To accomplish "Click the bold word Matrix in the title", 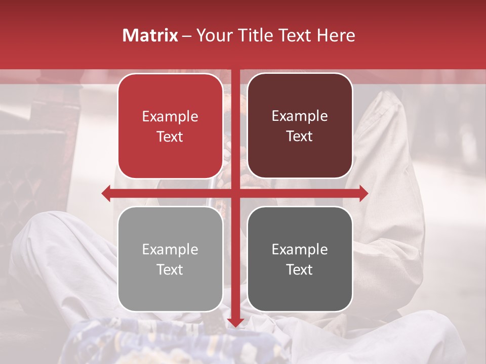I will [x=150, y=35].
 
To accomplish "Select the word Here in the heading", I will [x=336, y=35].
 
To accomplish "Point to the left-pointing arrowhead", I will [x=106, y=193].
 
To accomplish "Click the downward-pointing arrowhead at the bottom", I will [x=235, y=322].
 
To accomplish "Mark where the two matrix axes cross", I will [x=235, y=193].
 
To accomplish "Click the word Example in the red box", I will [x=170, y=117].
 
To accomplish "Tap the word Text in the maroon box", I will [x=300, y=136].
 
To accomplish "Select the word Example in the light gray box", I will [x=170, y=250].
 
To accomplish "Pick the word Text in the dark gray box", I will [x=300, y=269].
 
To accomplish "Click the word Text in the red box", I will [x=170, y=136].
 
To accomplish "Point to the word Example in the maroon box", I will [x=300, y=116].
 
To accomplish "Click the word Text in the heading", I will [x=293, y=35].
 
